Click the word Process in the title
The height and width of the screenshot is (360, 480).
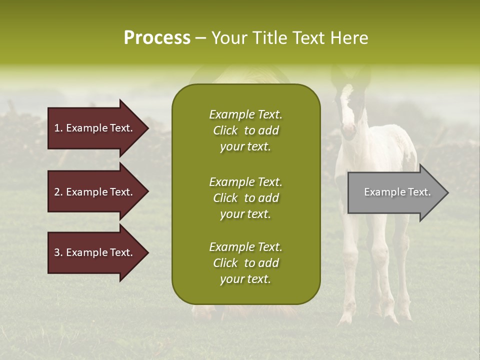157,38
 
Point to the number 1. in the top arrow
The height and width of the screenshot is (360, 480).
58,128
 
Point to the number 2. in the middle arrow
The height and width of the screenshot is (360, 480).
58,192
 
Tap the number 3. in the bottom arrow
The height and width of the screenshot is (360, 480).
58,252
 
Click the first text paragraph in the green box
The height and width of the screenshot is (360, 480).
245,130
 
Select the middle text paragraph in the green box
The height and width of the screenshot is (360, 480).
245,198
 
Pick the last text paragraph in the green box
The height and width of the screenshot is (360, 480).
245,263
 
